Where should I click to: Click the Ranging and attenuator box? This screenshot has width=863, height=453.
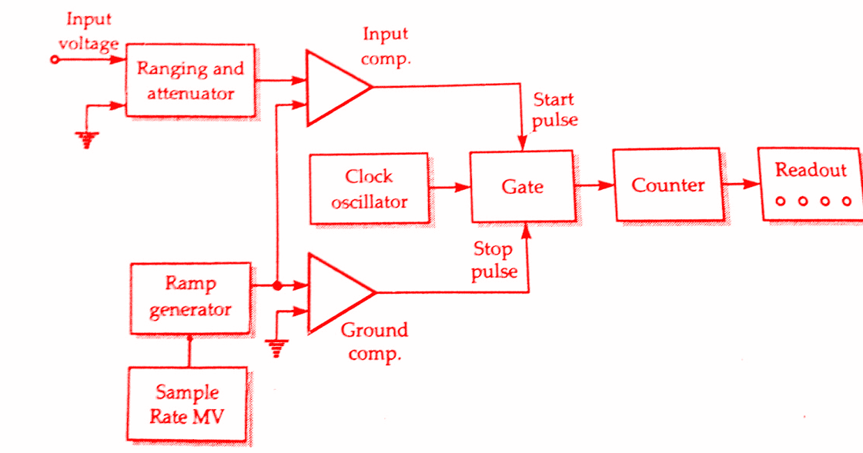(190, 80)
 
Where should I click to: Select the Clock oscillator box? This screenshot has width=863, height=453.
(370, 189)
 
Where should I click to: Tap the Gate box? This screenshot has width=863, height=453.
(521, 187)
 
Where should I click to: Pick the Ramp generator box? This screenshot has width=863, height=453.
(190, 298)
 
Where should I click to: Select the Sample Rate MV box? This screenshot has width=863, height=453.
(187, 405)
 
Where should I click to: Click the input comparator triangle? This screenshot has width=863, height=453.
(333, 88)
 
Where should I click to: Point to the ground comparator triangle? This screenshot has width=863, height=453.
(335, 293)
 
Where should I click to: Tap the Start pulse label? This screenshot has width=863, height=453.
(554, 110)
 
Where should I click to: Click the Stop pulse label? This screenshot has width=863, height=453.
(493, 260)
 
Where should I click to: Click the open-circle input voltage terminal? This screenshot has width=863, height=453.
(54, 59)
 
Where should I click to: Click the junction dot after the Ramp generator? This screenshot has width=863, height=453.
(276, 286)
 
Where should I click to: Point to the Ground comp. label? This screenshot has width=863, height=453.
(373, 341)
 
